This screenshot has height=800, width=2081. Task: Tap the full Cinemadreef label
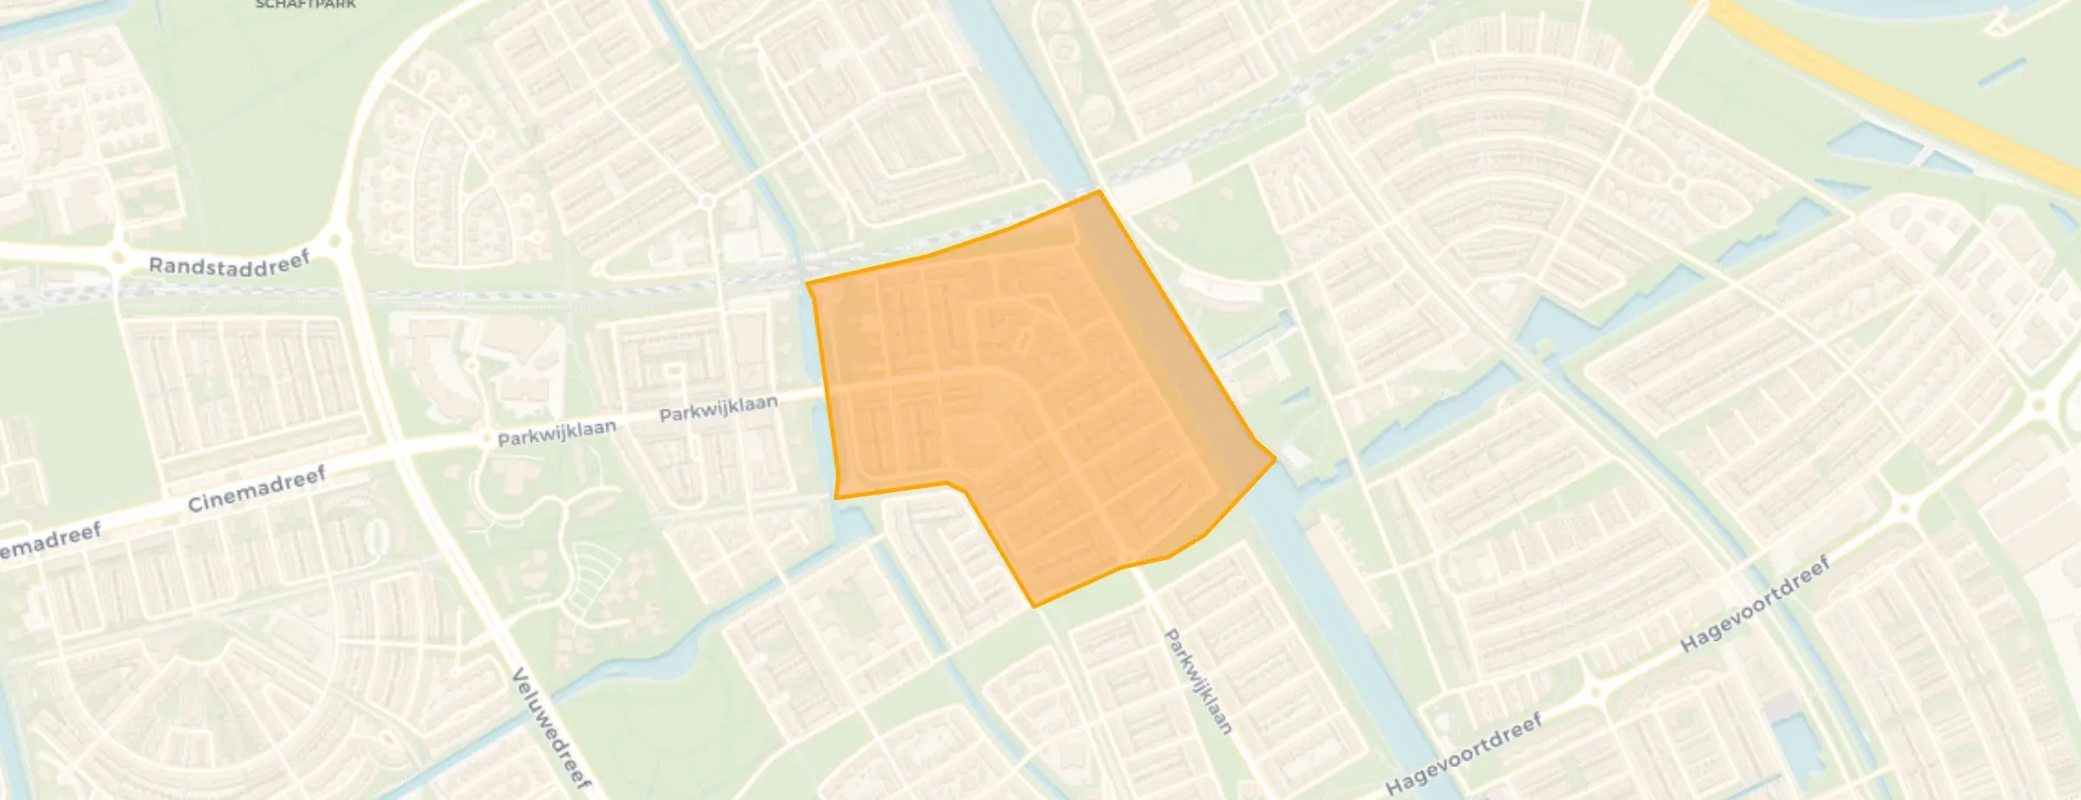(257, 489)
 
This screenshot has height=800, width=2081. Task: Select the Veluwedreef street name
(550, 729)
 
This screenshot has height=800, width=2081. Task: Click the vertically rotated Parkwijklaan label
(1198, 682)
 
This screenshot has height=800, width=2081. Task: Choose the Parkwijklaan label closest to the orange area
(718, 409)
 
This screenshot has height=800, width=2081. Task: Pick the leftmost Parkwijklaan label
(557, 432)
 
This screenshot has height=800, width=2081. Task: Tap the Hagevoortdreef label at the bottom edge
(1463, 753)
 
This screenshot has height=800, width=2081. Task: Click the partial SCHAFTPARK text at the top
(305, 4)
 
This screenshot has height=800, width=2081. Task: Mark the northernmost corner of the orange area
(1100, 191)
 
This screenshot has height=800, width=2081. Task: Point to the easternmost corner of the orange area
(1275, 457)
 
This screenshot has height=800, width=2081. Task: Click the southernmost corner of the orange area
(1034, 605)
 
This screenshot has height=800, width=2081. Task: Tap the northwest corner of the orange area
(807, 283)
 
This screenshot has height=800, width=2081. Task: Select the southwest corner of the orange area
(836, 497)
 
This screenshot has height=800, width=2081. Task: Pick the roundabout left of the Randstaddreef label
(117, 257)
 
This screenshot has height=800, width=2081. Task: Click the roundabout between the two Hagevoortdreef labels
(1596, 693)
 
